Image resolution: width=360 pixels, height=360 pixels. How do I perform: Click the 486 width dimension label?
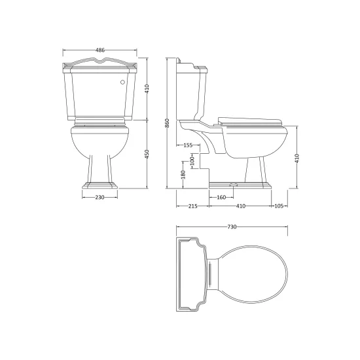(100, 50)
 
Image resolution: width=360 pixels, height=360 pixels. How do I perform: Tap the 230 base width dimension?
(100, 197)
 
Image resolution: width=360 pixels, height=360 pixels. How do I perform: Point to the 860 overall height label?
(167, 123)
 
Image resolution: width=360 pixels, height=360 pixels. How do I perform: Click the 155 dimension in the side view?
(188, 145)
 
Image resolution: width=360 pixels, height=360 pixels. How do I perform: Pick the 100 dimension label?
(192, 161)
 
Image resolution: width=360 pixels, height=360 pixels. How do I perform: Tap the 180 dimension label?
(183, 175)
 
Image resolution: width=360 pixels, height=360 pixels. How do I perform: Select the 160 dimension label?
(221, 197)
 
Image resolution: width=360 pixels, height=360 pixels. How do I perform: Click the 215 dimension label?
(192, 206)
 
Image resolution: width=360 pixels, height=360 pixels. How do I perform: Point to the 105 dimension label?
(279, 206)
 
